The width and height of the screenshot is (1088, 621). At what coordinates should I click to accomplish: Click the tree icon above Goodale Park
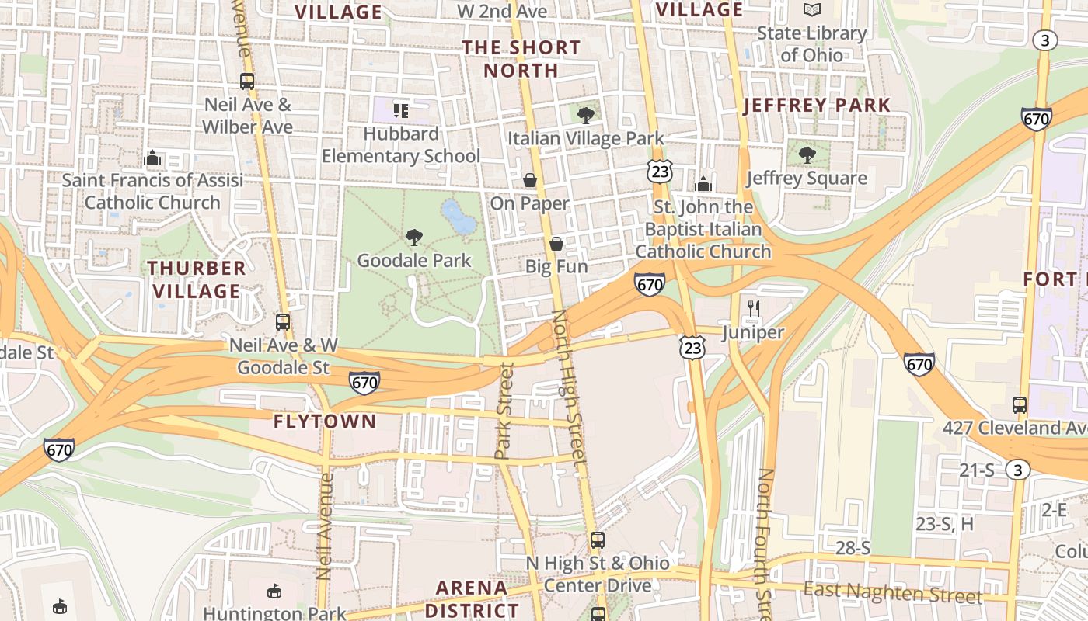pos(414,237)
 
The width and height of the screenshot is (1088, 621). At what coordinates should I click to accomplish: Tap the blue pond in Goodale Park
pos(459,217)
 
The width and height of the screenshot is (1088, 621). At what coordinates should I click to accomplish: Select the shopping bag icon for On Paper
pos(530,180)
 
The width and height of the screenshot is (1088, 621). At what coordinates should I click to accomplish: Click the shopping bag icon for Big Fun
pos(556,244)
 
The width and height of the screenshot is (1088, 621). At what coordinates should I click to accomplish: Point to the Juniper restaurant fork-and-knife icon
pos(752,309)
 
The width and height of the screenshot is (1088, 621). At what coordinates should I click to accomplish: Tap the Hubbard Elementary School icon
pos(401,111)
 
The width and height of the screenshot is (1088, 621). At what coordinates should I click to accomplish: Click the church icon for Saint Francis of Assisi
pos(152,158)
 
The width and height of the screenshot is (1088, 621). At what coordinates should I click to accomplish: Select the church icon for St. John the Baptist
pos(703,183)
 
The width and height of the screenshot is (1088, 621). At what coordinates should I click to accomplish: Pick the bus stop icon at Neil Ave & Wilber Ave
pos(247,81)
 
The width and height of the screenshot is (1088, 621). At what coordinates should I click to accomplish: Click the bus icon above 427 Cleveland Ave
pos(1019,404)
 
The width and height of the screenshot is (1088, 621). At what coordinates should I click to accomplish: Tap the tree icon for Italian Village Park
pos(586,116)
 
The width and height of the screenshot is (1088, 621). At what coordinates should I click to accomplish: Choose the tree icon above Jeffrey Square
pos(807,154)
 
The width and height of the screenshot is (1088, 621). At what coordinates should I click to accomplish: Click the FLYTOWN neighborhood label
pos(325,422)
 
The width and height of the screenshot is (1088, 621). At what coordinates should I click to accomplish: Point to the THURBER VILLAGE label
pos(197,279)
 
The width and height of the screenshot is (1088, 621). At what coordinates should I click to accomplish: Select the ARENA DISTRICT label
pos(472,598)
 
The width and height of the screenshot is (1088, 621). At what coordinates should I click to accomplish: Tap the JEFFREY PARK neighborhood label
pos(817,106)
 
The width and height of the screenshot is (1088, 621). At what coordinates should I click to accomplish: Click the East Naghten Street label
pos(892,593)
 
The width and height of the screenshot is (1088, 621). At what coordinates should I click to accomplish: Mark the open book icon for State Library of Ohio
pos(812,10)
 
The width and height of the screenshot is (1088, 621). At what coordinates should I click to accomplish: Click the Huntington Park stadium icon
pos(274,592)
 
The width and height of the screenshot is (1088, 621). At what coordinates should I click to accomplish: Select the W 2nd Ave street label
pos(502,11)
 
